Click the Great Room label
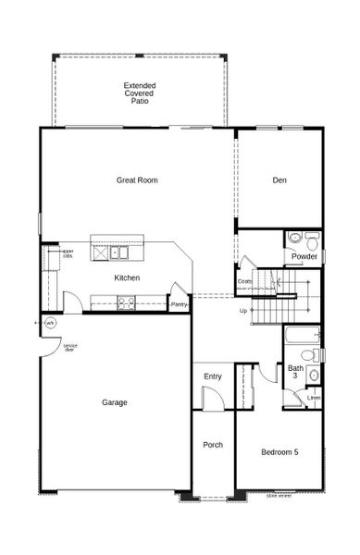(137, 179)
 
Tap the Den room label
(279, 179)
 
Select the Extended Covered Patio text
(140, 92)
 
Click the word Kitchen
(127, 277)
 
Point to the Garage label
(115, 401)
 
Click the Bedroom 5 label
(279, 451)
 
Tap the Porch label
(213, 445)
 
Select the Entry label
(213, 376)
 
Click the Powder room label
(304, 256)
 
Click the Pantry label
(180, 303)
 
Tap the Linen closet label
(314, 399)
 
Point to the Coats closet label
(244, 281)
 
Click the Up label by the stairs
(243, 310)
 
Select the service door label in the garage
(69, 347)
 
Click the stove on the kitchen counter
(126, 301)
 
